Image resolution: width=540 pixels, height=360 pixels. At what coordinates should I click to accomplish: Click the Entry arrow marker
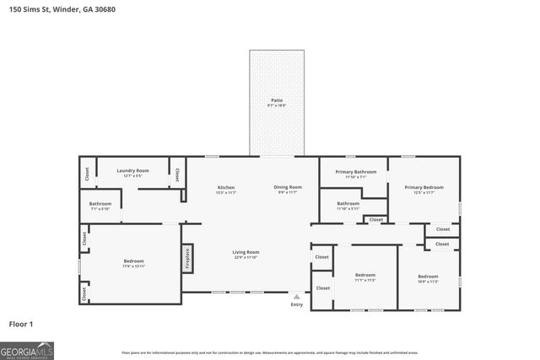point(296,297)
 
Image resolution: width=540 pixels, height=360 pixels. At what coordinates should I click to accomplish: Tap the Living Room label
point(246,254)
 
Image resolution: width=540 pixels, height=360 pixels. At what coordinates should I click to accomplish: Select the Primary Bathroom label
point(349,174)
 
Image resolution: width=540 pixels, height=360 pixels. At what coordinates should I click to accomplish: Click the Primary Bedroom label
point(424,189)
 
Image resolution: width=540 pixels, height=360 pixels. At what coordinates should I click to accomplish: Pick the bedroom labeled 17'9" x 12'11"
point(133,262)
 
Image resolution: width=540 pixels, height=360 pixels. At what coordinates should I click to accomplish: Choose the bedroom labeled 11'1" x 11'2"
point(364,277)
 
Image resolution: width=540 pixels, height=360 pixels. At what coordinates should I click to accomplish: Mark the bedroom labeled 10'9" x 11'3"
point(428,278)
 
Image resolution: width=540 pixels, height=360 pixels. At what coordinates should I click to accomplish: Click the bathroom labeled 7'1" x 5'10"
point(100,205)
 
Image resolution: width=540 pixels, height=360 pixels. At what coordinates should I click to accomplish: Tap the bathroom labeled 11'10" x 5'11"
point(348,205)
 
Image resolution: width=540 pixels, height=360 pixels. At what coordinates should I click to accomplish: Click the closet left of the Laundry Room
point(87,174)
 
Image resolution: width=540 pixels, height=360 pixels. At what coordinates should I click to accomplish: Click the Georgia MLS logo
point(27,349)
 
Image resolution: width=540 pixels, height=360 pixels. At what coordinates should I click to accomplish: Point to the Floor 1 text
point(21,323)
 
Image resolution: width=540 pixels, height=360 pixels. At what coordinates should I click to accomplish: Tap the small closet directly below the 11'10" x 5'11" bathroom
point(375,219)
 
